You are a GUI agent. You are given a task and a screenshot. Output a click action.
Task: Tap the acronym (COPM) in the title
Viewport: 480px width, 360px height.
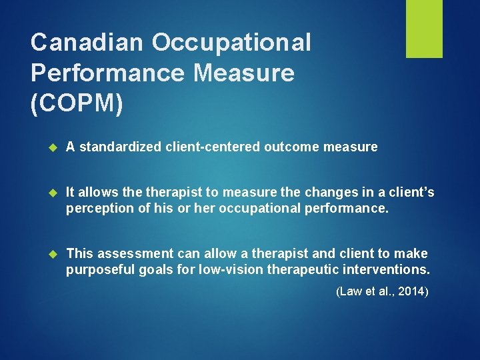[x=77, y=104]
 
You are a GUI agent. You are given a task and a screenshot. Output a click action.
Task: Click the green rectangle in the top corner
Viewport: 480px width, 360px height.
[x=424, y=29]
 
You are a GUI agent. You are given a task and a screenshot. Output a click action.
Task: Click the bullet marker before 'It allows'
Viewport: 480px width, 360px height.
[x=55, y=193]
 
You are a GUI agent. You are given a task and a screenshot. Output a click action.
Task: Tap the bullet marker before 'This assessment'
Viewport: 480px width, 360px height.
[x=55, y=253]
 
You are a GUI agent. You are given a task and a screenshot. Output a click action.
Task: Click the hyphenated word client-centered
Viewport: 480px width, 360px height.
[x=213, y=147]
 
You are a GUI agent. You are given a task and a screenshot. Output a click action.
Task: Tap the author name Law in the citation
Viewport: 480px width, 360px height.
[x=350, y=291]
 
